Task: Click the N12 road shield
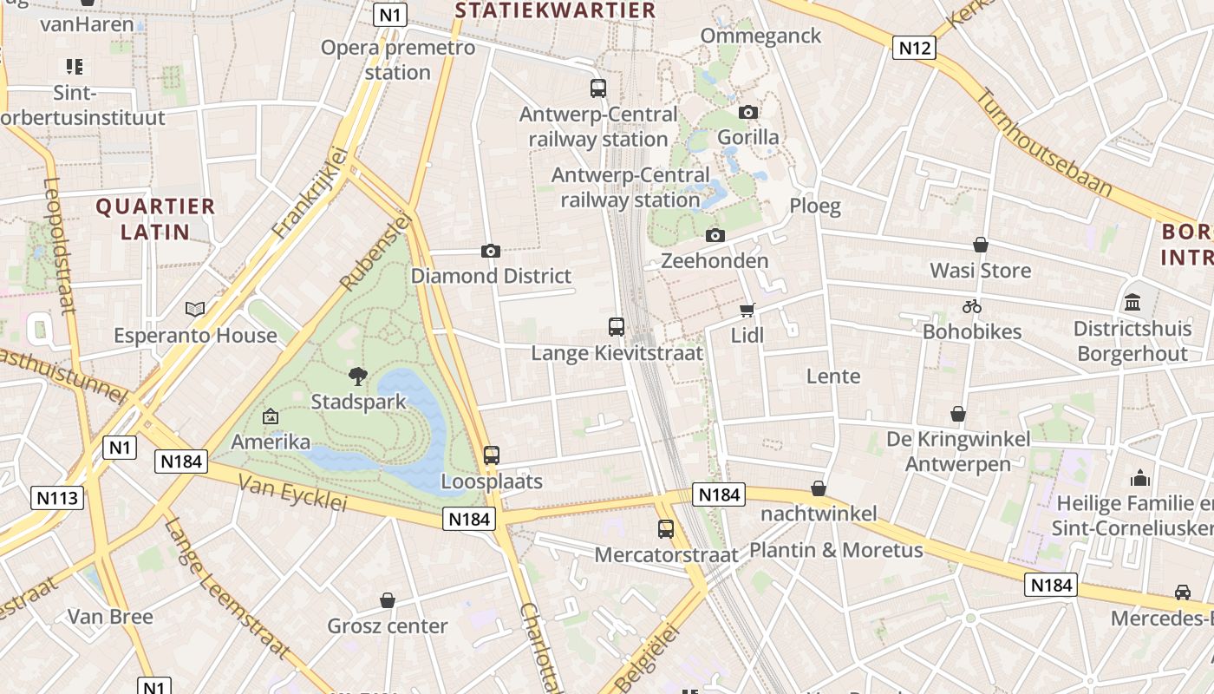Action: point(914,48)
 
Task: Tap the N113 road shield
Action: point(57,498)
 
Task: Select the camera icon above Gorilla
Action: point(748,112)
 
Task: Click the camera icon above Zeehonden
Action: point(715,235)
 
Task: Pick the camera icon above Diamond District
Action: point(491,252)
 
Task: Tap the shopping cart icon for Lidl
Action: point(747,310)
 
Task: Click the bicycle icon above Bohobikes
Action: point(971,306)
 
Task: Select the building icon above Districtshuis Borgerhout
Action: point(1132,304)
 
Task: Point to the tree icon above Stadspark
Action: point(357,376)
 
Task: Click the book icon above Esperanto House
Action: point(195,310)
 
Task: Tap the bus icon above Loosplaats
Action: point(492,455)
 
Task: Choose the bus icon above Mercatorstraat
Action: point(666,529)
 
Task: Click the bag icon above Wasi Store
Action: point(981,246)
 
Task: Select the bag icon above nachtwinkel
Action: point(818,488)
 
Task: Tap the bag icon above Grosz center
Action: point(388,600)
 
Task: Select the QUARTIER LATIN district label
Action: point(155,219)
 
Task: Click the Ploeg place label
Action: point(815,206)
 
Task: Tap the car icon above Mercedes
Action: point(1182,593)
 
